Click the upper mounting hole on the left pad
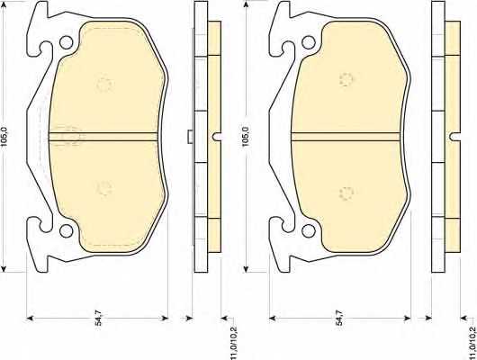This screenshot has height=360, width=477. [x=66, y=42]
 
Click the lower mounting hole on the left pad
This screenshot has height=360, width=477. [x=66, y=230]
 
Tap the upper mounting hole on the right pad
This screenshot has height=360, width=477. [x=308, y=42]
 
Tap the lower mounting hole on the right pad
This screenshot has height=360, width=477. [x=308, y=230]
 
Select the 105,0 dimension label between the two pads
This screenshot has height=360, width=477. [x=246, y=137]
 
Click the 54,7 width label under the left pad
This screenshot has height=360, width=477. [x=99, y=318]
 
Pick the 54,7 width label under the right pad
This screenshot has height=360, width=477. [x=338, y=318]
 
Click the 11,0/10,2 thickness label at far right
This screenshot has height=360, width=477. [x=472, y=343]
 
